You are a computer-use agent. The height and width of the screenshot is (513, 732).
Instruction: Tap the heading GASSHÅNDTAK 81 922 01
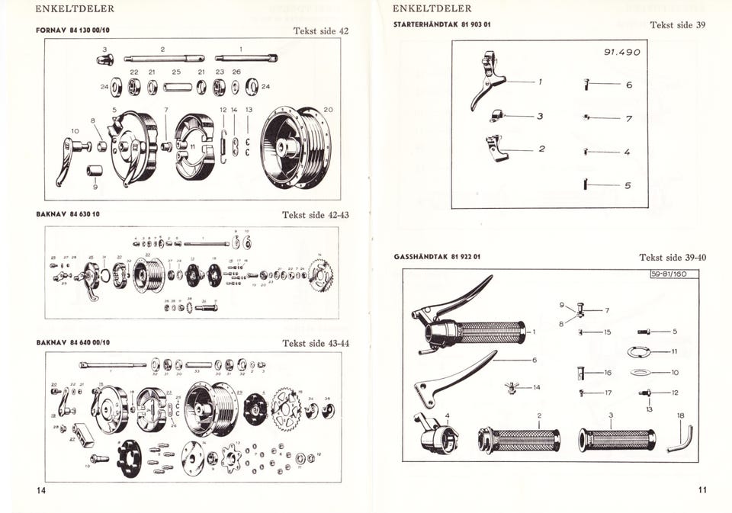(x=436, y=257)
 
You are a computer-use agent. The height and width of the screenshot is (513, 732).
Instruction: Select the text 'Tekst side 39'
(x=677, y=24)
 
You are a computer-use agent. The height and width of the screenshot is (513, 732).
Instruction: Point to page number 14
(x=41, y=490)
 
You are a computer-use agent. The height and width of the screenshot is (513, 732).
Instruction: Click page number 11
(x=701, y=490)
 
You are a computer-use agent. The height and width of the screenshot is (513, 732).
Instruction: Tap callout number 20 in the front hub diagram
(x=328, y=110)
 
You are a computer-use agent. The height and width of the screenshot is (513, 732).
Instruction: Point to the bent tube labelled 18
(x=680, y=439)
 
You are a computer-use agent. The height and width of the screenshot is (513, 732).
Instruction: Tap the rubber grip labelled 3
(x=616, y=440)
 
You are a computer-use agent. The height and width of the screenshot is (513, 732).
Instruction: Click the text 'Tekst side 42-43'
(x=316, y=215)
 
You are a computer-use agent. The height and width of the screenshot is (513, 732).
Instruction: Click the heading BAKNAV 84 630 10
(x=68, y=214)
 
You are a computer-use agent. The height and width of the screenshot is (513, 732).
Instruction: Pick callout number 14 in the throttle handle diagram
(x=537, y=387)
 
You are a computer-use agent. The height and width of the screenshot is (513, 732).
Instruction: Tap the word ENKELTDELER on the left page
(x=75, y=9)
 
